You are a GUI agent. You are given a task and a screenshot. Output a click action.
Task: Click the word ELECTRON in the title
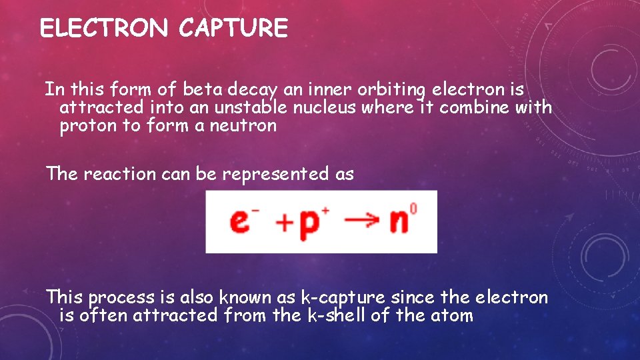point(103,29)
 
